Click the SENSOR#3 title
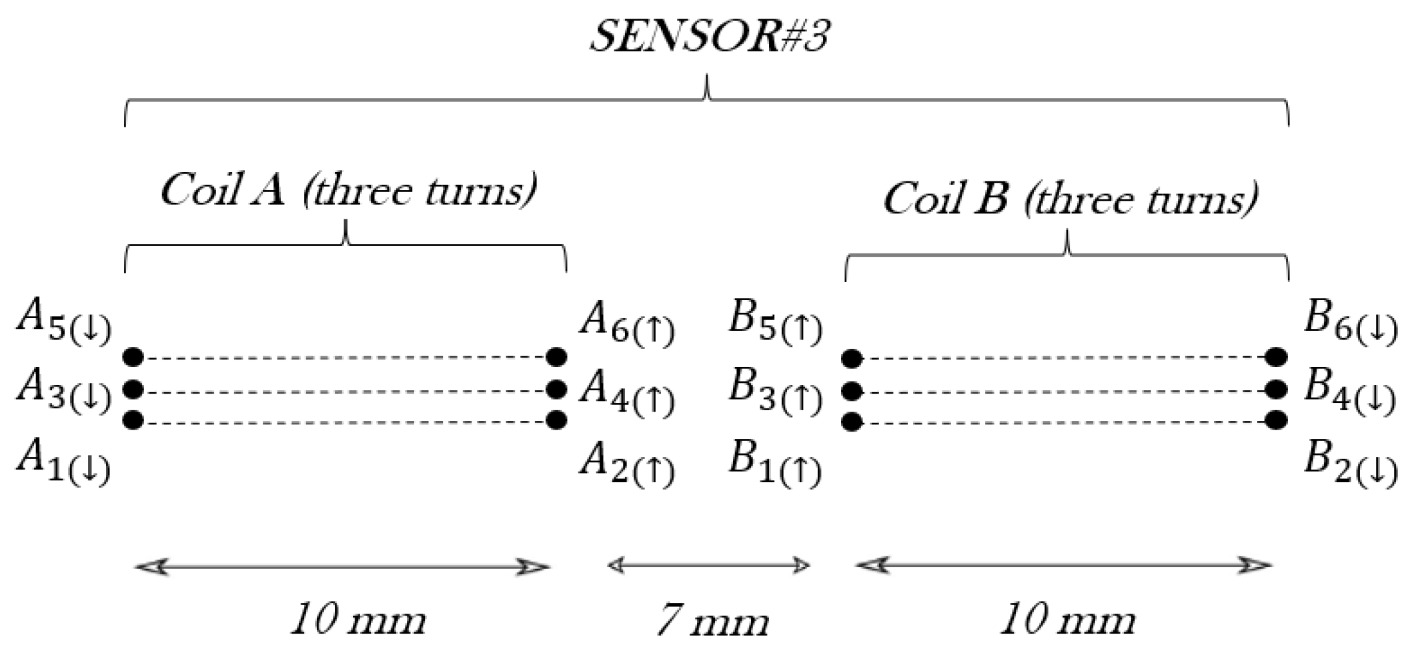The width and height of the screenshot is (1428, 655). (710, 36)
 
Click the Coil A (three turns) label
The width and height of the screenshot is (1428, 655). (348, 191)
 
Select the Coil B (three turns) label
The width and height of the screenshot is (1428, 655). (1070, 199)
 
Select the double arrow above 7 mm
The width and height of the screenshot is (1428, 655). (708, 566)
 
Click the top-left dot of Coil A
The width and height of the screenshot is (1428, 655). (133, 357)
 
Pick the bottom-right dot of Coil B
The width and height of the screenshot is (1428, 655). (1276, 420)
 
